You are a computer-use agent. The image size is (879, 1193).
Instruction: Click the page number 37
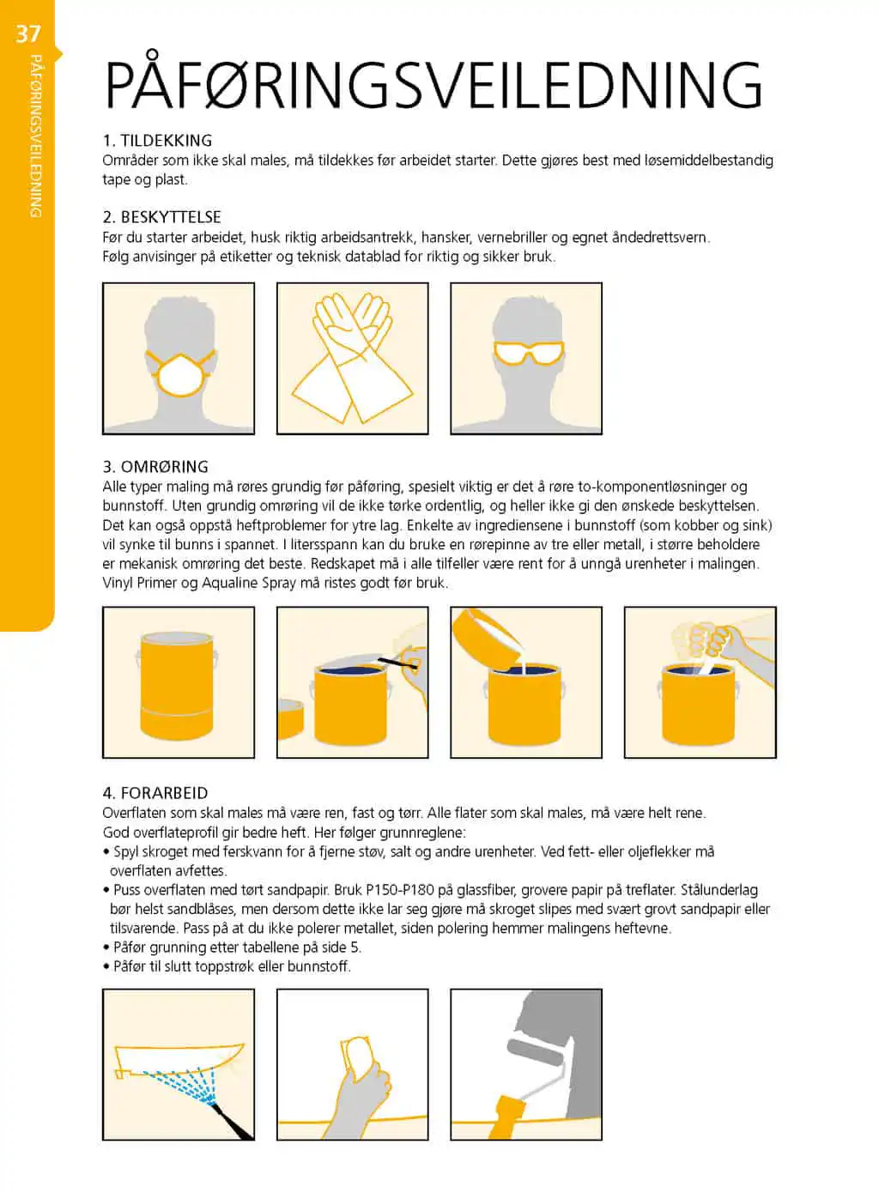pyautogui.click(x=28, y=34)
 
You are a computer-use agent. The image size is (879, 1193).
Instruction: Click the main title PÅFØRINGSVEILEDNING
pyautogui.click(x=433, y=83)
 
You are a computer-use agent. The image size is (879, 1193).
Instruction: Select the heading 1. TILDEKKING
pyautogui.click(x=157, y=141)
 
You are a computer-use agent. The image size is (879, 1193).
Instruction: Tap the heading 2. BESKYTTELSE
pyautogui.click(x=161, y=217)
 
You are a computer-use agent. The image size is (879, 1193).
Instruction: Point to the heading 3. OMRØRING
pyautogui.click(x=155, y=467)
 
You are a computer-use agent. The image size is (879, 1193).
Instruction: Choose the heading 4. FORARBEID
pyautogui.click(x=155, y=793)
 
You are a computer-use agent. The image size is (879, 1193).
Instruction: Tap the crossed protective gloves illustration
pyautogui.click(x=352, y=358)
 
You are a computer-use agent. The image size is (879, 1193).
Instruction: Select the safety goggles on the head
pyautogui.click(x=528, y=353)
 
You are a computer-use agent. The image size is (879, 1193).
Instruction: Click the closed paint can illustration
pyautogui.click(x=177, y=686)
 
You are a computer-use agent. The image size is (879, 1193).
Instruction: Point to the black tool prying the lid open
pyautogui.click(x=398, y=663)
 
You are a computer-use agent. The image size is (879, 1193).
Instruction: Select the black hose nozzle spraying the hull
pyautogui.click(x=231, y=1121)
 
